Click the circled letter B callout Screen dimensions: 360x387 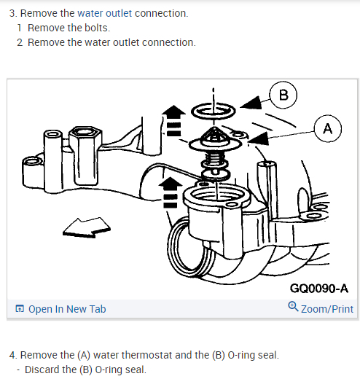pos(283,95)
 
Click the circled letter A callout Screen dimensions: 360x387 pos(327,128)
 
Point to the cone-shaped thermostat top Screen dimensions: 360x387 pos(214,135)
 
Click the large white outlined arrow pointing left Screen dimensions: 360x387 pos(87,227)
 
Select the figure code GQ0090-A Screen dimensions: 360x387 pos(318,289)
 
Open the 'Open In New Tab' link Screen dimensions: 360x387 pos(67,309)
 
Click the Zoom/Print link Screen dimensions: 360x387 pos(327,309)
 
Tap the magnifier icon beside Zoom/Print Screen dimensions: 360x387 pos(293,306)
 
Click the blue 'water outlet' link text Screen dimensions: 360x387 pos(105,13)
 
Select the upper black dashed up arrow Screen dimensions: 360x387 pos(173,120)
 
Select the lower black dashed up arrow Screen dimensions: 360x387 pos(171,192)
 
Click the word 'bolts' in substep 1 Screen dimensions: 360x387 pos(96,28)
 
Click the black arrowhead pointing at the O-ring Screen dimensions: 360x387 pos(251,103)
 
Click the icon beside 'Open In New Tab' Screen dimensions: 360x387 pos(20,309)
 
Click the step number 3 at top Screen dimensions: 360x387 pos(13,13)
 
